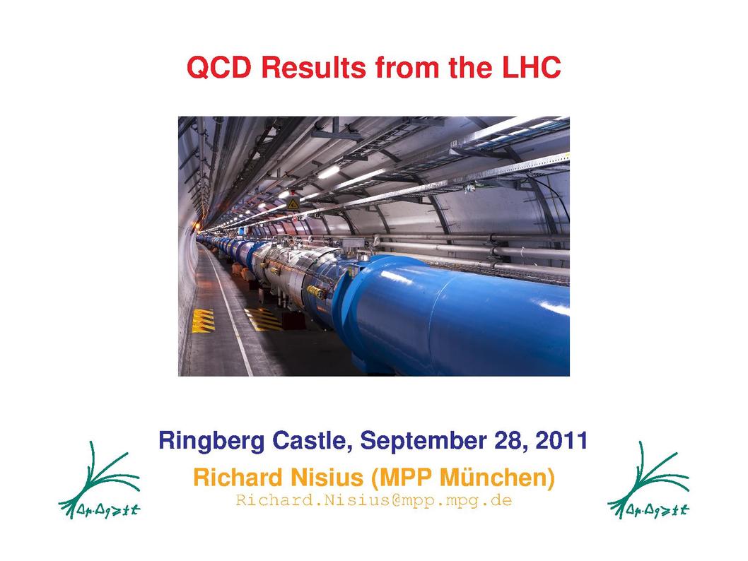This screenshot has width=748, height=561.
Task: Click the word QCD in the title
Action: coord(218,68)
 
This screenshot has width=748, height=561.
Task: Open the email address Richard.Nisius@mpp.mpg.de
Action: coord(373,501)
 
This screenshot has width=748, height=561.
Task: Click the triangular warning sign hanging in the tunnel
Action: coord(293,204)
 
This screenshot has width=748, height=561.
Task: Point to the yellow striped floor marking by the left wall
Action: coord(203,320)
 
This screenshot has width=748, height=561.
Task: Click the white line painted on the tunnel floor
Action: coord(228,309)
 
